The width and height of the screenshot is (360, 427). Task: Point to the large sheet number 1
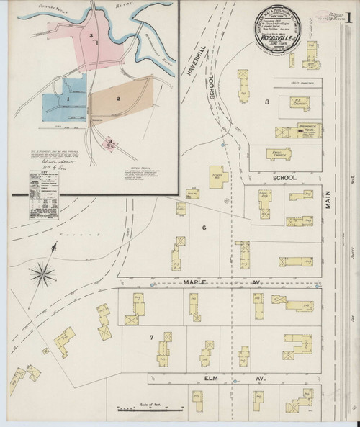click(348, 17)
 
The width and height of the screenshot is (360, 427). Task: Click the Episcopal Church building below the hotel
click(269, 153)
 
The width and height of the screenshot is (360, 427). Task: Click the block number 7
click(151, 337)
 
